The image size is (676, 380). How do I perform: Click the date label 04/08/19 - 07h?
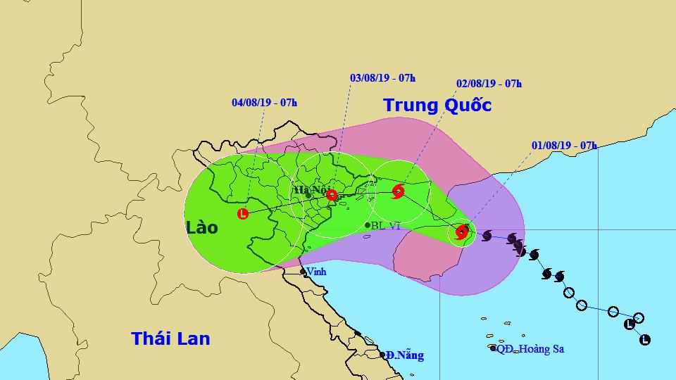click(x=264, y=103)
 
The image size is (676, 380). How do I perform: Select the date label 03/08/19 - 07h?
click(x=382, y=77)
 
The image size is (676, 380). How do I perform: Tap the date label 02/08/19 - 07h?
click(x=489, y=84)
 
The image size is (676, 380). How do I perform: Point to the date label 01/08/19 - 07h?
click(x=564, y=146)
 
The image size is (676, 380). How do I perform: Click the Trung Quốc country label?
click(x=437, y=106)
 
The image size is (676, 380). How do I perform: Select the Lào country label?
click(x=202, y=227)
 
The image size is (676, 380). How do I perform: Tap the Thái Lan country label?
click(x=170, y=338)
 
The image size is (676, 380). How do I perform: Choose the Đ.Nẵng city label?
click(x=406, y=355)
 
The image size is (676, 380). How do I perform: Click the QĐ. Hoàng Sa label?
click(x=532, y=349)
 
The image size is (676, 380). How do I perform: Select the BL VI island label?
click(x=386, y=225)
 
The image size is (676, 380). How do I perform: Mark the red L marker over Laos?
click(x=243, y=214)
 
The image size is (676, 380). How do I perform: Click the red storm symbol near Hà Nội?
click(x=332, y=196)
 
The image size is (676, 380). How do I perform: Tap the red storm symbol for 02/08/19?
click(x=398, y=191)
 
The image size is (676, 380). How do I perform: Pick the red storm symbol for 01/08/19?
click(x=462, y=232)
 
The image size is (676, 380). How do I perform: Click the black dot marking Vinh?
click(x=303, y=271)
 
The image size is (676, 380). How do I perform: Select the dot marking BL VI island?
click(x=368, y=225)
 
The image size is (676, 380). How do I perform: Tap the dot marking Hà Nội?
click(x=308, y=195)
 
